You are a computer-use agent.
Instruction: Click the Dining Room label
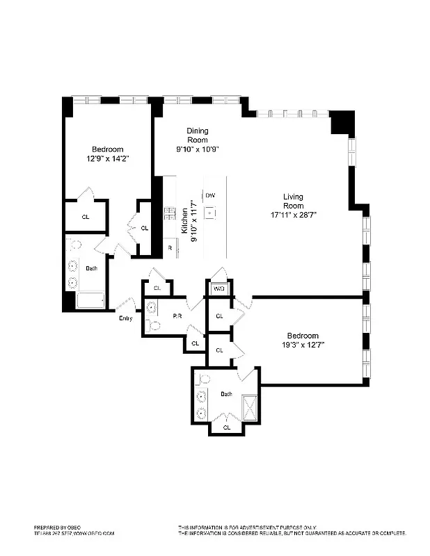[197, 135]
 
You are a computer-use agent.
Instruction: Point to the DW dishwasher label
[209, 197]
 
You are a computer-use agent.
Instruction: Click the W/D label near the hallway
[218, 288]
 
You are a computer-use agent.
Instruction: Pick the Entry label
[125, 318]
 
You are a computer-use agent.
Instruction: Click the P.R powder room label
[177, 316]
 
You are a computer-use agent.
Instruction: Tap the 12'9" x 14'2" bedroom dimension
[107, 158]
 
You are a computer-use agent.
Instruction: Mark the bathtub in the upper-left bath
[90, 300]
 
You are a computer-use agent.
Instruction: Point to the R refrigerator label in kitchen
[168, 248]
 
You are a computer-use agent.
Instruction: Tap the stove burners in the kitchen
[168, 213]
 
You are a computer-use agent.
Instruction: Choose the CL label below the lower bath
[227, 427]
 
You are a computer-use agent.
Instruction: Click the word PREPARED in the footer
[48, 528]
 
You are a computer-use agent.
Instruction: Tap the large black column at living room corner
[341, 122]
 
